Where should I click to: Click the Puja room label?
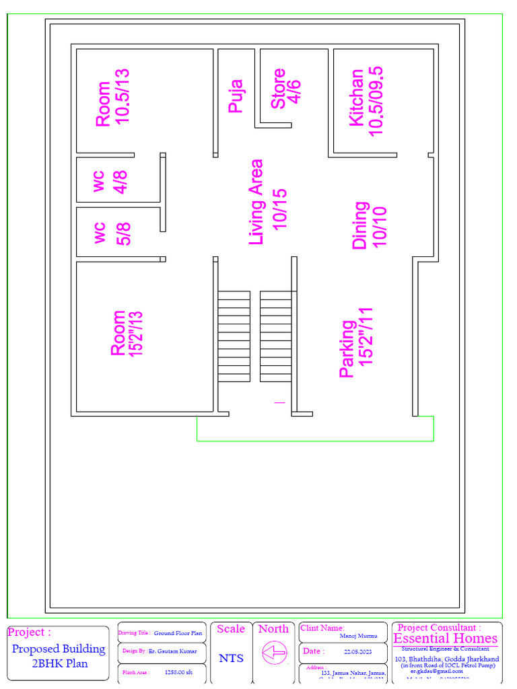pyautogui.click(x=235, y=96)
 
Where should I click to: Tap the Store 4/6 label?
pyautogui.click(x=285, y=88)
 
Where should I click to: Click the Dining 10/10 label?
pyautogui.click(x=370, y=225)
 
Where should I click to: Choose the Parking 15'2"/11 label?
pyautogui.click(x=356, y=343)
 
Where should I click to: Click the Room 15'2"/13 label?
pyautogui.click(x=127, y=333)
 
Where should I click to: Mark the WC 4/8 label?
pyautogui.click(x=110, y=181)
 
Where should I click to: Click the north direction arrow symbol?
pyautogui.click(x=274, y=652)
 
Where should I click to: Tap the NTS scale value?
pyautogui.click(x=231, y=658)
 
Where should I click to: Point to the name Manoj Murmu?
pyautogui.click(x=358, y=636)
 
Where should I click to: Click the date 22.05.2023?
pyautogui.click(x=357, y=652)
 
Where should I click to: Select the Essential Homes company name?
pyautogui.click(x=445, y=639)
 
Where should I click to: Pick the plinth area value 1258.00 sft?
pyautogui.click(x=178, y=672)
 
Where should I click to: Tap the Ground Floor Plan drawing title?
pyautogui.click(x=178, y=633)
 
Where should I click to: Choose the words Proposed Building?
pyautogui.click(x=59, y=649)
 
